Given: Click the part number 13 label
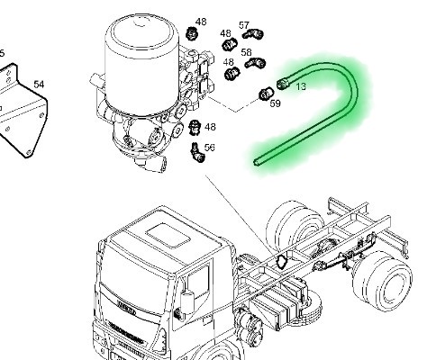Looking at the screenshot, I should [x=301, y=86].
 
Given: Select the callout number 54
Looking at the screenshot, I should [x=39, y=85].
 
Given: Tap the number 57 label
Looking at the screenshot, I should [x=244, y=25].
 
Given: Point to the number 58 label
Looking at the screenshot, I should [x=245, y=53].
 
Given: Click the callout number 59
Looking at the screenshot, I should [x=276, y=103].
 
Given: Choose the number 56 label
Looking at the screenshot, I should [x=210, y=148].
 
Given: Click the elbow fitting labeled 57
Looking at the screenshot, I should [x=256, y=35].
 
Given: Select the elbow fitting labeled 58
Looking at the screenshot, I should [x=257, y=64].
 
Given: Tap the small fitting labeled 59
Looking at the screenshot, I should [x=266, y=92].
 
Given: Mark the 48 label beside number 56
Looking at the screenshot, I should [x=210, y=127].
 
